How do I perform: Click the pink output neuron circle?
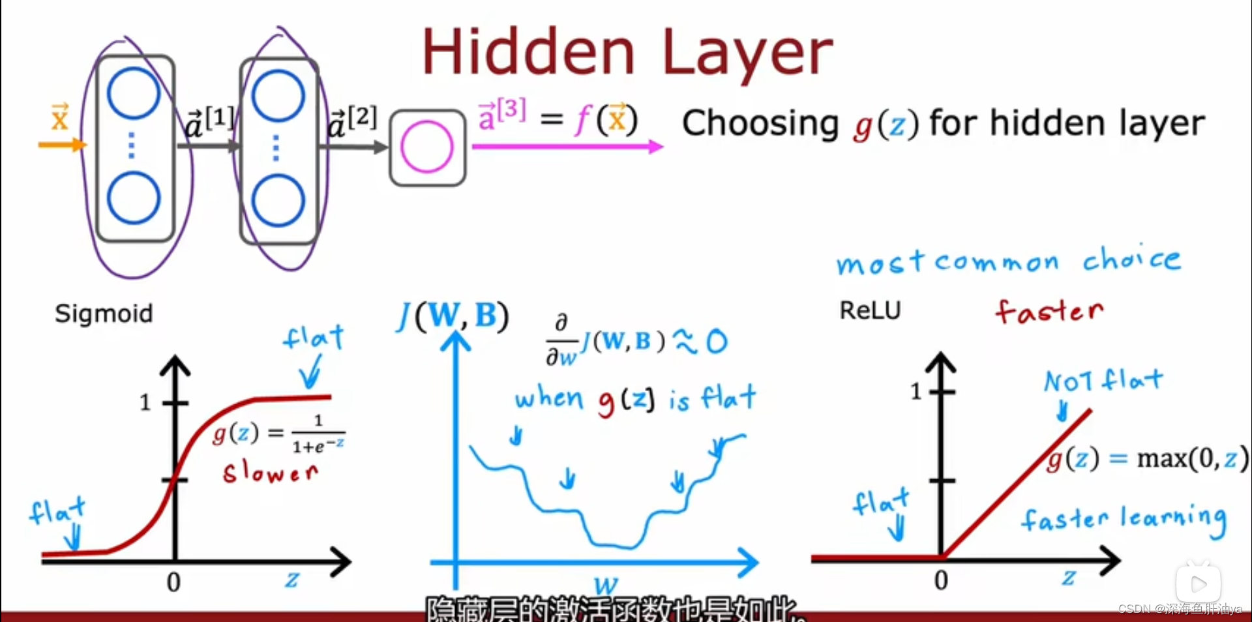(427, 147)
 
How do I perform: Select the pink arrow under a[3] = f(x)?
(567, 147)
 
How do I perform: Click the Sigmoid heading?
(104, 314)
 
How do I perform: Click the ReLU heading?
(870, 310)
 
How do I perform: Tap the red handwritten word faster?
(1049, 311)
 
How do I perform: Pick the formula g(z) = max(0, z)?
(1148, 458)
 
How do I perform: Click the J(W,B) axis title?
(453, 316)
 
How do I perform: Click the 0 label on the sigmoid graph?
(173, 582)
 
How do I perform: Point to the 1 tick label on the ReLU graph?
(916, 391)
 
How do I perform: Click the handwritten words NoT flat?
(1103, 380)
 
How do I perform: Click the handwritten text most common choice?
(1008, 261)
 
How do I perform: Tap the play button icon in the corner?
(1199, 583)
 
